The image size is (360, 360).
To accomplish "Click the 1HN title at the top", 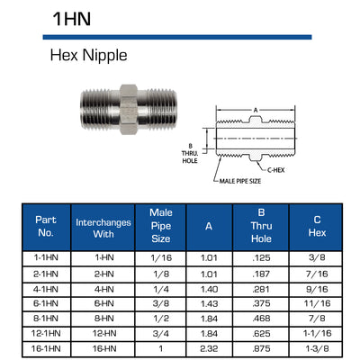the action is click(x=72, y=19).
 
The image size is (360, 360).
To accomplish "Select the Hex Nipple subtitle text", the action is click(x=88, y=56).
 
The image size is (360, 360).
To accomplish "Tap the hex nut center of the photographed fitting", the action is click(x=129, y=109).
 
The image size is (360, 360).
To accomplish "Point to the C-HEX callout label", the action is click(x=275, y=170).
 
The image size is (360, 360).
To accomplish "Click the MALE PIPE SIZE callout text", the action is click(x=240, y=181).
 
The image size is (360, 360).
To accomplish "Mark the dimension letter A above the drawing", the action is click(x=256, y=110).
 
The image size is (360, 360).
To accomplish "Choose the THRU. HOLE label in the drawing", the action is click(x=190, y=157).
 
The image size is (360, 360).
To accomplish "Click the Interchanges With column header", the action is click(x=103, y=228).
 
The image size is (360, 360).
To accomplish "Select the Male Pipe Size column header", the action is click(x=161, y=226).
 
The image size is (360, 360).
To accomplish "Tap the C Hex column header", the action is click(x=317, y=226).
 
